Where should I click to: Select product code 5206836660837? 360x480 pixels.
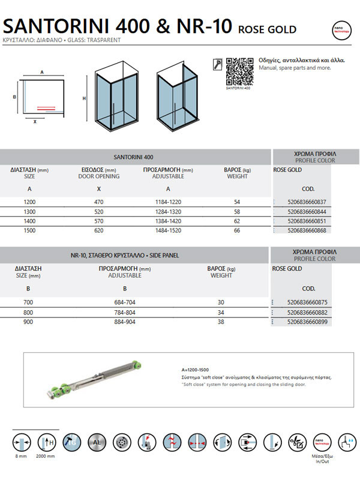pyautogui.click(x=307, y=202)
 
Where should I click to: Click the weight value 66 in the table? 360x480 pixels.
pyautogui.click(x=237, y=230)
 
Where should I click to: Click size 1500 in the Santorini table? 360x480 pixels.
pyautogui.click(x=29, y=230)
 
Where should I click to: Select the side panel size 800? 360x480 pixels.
pyautogui.click(x=29, y=312)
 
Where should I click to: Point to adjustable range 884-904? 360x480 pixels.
pyautogui.click(x=124, y=321)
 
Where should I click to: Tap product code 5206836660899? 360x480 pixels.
pyautogui.click(x=307, y=321)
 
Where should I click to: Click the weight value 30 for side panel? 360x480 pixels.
pyautogui.click(x=221, y=302)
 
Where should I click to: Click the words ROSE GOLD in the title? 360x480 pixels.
pyautogui.click(x=267, y=29)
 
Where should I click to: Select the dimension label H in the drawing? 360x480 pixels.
pyautogui.click(x=85, y=98)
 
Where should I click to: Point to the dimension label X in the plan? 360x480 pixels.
pyautogui.click(x=35, y=121)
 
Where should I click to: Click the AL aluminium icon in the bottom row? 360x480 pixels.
pyautogui.click(x=95, y=443)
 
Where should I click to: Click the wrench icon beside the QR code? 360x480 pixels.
pyautogui.click(x=218, y=62)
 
